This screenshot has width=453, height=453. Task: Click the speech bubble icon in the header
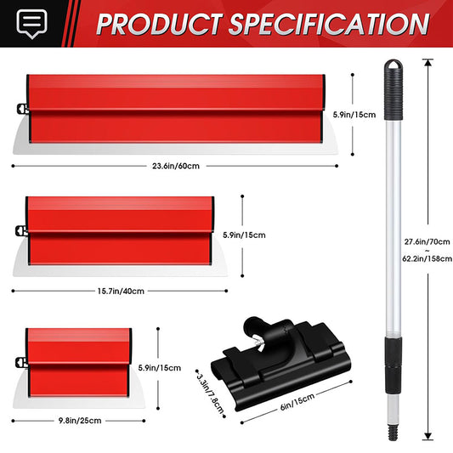click(31, 23)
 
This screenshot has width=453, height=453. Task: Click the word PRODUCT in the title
click(160, 25)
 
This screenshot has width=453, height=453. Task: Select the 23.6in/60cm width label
click(176, 166)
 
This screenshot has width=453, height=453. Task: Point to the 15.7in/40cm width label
click(121, 291)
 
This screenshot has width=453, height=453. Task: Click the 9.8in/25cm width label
click(80, 421)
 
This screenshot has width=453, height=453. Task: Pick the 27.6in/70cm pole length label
click(427, 241)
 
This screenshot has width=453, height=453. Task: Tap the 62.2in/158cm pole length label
click(428, 258)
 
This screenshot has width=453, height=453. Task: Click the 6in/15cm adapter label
click(297, 401)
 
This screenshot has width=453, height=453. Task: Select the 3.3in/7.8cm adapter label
click(211, 394)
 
